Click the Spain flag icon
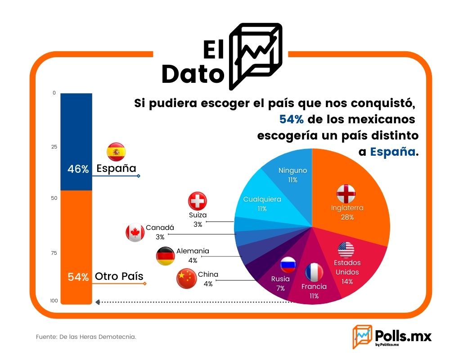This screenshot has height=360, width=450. pos(116,152)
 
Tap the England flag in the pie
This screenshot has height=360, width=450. pos(346,193)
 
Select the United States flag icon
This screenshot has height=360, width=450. pos(346,250)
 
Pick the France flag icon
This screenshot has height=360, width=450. pos(314,272)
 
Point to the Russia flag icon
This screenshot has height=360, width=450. pos(288,265)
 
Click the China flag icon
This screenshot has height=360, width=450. pos(187,278)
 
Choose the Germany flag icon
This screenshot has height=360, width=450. pos(165,256)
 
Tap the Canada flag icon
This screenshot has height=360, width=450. pos(135,233)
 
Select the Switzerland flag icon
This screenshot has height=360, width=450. pos(198,201)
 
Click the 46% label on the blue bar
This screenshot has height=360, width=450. pos(78,169)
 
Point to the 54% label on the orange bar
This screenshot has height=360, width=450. pos(78,277)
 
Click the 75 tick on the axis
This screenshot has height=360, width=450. pos(54,253)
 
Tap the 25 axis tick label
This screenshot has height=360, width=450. pos(54,147)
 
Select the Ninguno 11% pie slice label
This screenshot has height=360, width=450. pos(293,175)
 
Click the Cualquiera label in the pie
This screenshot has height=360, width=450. pos(262,199)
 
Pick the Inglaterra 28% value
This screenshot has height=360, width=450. pos(347,217)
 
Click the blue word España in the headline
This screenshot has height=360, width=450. pos(392,152)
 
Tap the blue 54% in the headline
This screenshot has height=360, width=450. pos(291,119)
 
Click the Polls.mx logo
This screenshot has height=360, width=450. pos(392,337)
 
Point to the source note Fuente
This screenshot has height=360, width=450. pos(86,337)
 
